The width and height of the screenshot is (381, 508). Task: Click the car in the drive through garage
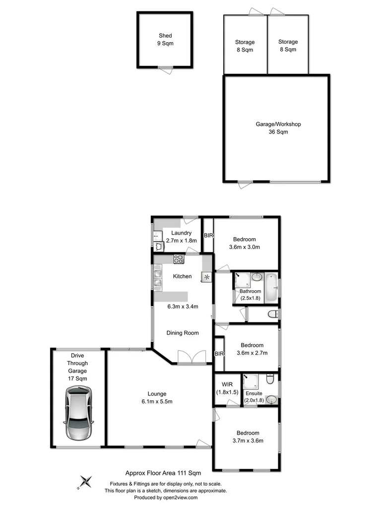[x=78, y=414]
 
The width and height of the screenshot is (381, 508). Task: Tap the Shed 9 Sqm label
[x=166, y=40]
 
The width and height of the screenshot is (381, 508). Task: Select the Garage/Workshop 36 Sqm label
[x=275, y=128]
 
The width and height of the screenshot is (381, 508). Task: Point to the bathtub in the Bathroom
[x=271, y=288]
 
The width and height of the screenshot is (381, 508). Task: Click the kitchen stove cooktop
[x=179, y=258]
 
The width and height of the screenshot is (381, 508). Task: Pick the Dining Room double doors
[x=191, y=358]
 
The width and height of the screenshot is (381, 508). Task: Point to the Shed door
[x=166, y=69]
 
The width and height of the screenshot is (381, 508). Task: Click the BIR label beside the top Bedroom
[x=208, y=236]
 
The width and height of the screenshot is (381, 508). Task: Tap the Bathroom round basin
[x=256, y=277]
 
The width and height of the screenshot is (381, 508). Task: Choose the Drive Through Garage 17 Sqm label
[x=78, y=367]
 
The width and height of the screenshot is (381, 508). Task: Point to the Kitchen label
[x=183, y=276]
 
